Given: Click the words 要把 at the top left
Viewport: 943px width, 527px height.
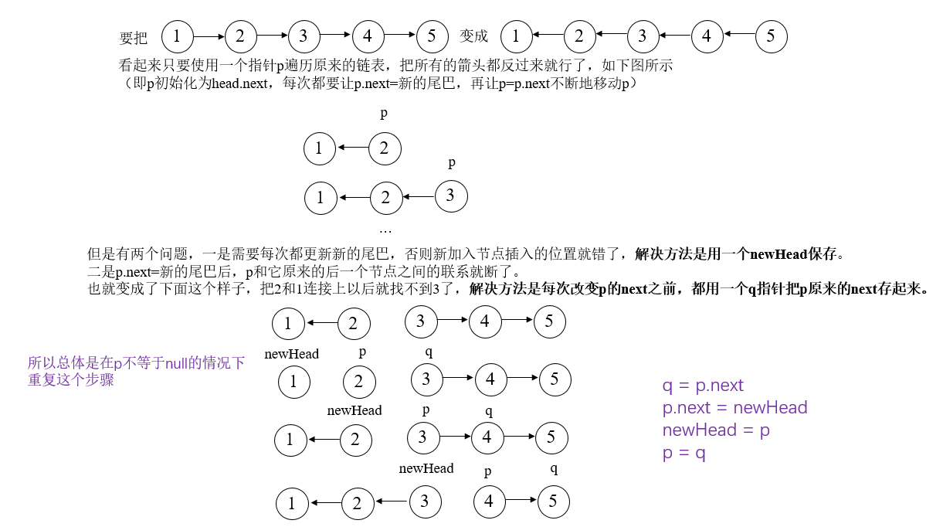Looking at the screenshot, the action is (x=133, y=38).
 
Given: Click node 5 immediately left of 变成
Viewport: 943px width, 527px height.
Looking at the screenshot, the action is (x=431, y=36).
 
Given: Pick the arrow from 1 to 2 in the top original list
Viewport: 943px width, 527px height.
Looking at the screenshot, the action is (x=208, y=36).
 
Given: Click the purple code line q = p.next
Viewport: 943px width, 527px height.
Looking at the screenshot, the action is (x=703, y=386).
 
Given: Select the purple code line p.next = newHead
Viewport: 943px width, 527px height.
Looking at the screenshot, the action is (x=734, y=408).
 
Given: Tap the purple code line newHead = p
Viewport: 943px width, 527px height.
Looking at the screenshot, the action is (x=716, y=430).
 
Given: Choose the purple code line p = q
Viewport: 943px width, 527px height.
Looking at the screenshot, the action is (x=684, y=454).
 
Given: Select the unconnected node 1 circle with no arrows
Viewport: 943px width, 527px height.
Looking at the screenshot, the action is (x=293, y=381).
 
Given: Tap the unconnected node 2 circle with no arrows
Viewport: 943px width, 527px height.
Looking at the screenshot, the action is (x=359, y=381).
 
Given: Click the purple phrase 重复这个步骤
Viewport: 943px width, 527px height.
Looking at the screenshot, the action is (x=71, y=380).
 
